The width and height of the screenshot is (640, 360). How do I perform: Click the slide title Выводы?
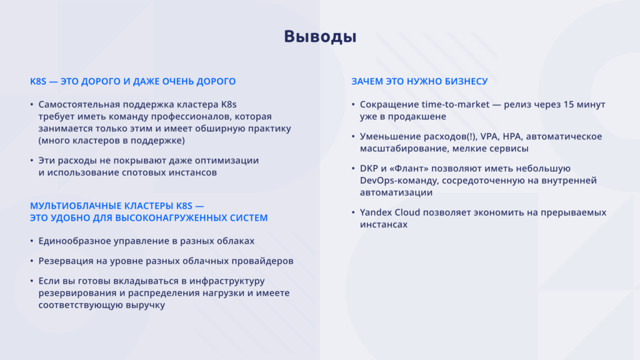[320, 37]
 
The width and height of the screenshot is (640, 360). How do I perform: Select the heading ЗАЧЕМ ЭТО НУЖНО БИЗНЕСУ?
[419, 81]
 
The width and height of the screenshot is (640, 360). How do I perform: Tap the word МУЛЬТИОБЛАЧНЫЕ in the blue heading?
[76, 206]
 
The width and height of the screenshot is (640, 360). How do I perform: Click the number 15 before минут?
[569, 104]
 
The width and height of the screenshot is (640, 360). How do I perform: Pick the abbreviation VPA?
[489, 136]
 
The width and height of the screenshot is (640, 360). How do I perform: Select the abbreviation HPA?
[512, 136]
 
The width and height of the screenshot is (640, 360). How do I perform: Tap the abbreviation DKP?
[369, 169]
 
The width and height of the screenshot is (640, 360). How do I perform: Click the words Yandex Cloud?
[390, 212]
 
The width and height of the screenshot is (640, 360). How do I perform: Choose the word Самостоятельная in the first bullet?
[79, 104]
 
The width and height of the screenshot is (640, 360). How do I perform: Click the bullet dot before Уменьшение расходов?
[353, 136]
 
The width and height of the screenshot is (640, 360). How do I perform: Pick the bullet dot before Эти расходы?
[31, 161]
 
